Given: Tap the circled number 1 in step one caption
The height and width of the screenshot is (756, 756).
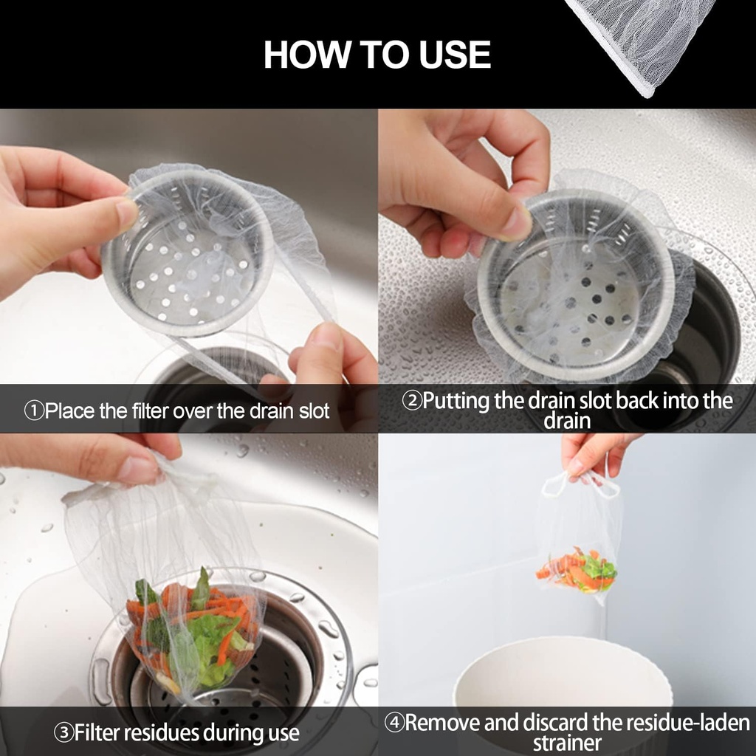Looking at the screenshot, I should (34, 411).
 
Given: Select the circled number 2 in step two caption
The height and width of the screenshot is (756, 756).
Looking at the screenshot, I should (411, 402).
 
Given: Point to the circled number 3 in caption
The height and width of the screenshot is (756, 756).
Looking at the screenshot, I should (63, 733).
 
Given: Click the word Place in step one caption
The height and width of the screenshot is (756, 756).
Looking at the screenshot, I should (69, 411).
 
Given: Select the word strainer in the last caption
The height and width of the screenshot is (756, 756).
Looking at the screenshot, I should (567, 743).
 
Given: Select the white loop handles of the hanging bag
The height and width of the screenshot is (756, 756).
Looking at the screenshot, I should (580, 484).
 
